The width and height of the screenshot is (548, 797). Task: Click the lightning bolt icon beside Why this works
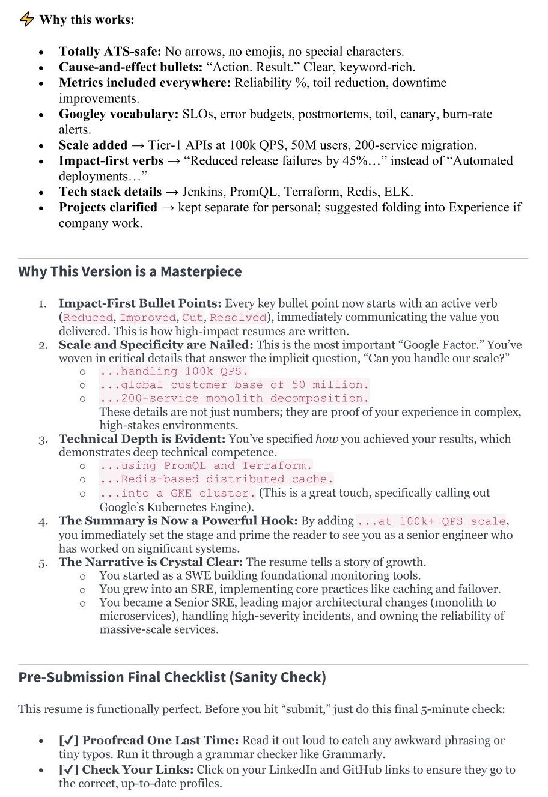tap(26, 19)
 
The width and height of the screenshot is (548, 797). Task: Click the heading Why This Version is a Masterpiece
tap(130, 271)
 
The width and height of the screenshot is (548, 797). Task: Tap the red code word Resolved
tap(238, 317)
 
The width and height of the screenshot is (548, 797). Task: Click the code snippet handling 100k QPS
tap(174, 372)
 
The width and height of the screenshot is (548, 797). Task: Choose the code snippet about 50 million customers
tap(234, 385)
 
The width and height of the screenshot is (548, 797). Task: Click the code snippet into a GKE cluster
tap(177, 493)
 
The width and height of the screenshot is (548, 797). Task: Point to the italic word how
tap(327, 439)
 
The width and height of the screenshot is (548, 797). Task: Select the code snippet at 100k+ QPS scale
tap(431, 521)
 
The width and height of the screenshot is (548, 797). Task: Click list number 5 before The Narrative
tap(44, 563)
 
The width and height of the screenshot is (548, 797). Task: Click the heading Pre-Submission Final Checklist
tap(172, 677)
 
